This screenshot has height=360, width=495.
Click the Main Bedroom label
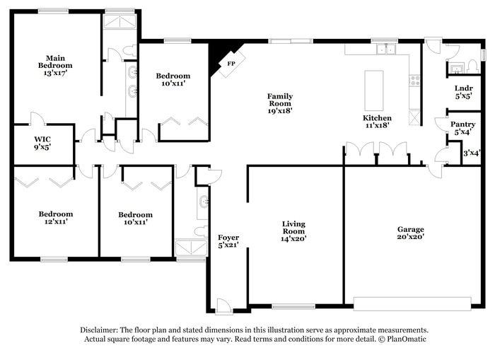tap(55, 65)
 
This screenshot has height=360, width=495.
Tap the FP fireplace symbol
tap(231, 64)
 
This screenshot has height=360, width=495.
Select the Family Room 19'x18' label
tap(280, 103)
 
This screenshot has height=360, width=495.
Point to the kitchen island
tap(374, 90)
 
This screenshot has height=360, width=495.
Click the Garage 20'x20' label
tap(410, 233)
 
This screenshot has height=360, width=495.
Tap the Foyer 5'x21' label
tap(228, 241)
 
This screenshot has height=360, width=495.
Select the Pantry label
tap(463, 128)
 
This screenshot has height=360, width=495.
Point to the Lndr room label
tap(463, 92)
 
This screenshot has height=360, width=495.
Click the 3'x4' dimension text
tap(471, 153)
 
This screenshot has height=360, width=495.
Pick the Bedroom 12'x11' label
tap(55, 218)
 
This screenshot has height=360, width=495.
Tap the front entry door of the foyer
tap(223, 307)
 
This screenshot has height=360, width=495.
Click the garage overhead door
tap(412, 304)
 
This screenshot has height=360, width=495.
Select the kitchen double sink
tap(386, 50)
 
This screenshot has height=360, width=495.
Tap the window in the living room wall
tap(293, 307)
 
